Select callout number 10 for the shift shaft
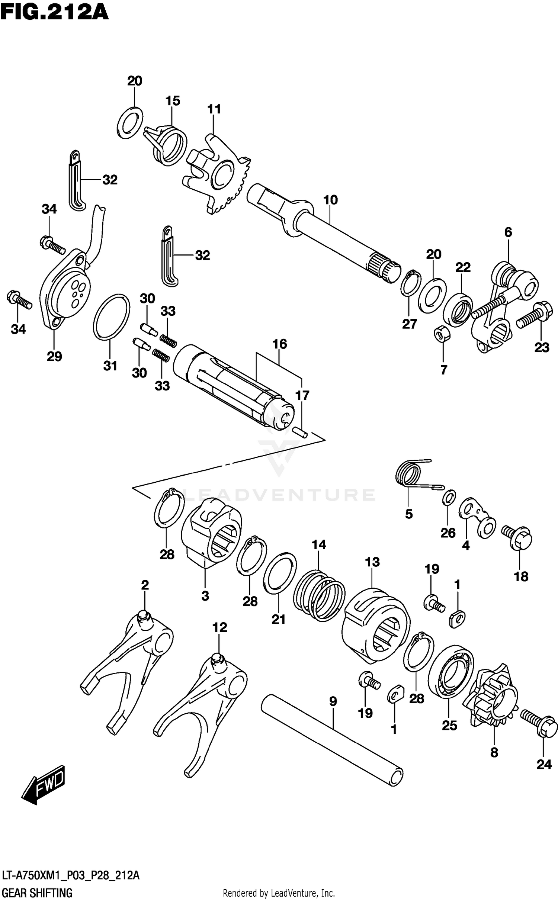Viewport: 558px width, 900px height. pos(330,200)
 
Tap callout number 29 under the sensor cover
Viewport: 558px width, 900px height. pos(54,356)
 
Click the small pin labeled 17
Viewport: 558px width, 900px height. pos(300,432)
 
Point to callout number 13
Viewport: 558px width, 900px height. pos(372,562)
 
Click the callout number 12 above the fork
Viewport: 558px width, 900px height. pos(219,627)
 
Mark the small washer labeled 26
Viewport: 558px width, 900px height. pos(449,498)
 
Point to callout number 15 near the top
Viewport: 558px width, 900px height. pos(173,101)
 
